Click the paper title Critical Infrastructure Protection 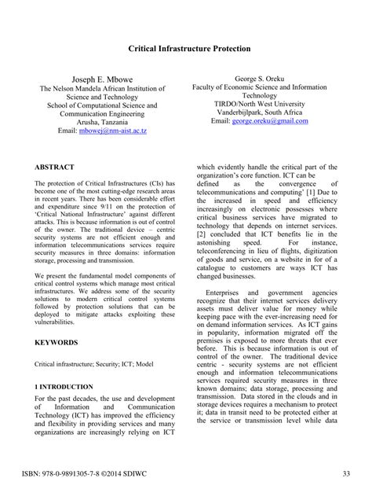[x=189, y=49]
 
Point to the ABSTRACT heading [x=55, y=167]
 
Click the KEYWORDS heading [x=57, y=343]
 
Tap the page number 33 [x=347, y=472]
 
